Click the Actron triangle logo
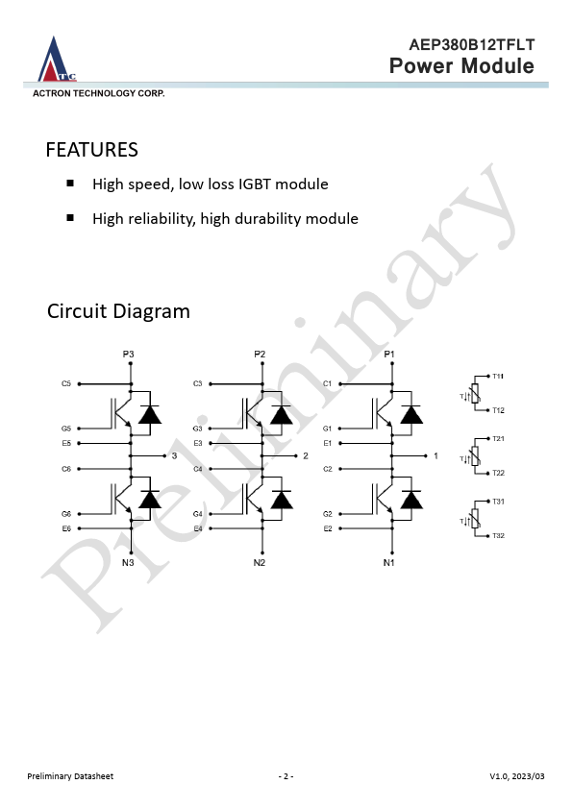[57, 60]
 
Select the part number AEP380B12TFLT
[472, 45]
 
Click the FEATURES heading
[92, 150]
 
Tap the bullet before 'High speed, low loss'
[70, 184]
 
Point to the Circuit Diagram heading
[119, 311]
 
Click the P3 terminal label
[128, 354]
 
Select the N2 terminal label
[260, 562]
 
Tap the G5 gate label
[66, 429]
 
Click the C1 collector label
[327, 383]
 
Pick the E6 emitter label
[66, 528]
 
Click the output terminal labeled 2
[306, 455]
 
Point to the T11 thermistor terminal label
[498, 376]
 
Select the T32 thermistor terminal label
[498, 535]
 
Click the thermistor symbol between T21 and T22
[475, 456]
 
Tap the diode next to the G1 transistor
[411, 415]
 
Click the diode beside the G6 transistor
[150, 500]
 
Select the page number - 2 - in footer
[286, 776]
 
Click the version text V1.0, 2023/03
[517, 776]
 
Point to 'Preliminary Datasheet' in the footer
[70, 776]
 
